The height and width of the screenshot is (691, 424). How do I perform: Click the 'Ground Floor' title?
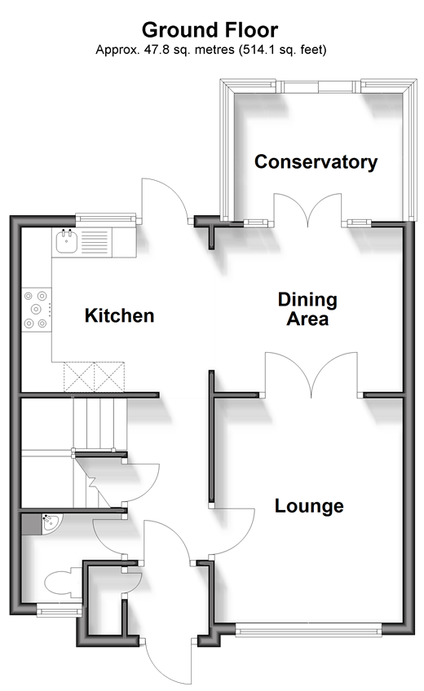click(210, 30)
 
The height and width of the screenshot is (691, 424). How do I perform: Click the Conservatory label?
click(316, 161)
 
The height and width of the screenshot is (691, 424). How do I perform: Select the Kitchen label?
click(119, 315)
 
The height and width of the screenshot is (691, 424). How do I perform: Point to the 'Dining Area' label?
click(307, 309)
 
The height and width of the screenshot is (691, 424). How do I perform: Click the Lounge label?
click(309, 505)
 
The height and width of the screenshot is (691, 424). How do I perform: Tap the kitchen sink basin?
click(67, 241)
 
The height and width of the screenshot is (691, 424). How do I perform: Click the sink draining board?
click(95, 242)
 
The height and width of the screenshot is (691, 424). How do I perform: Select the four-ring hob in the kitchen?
click(36, 310)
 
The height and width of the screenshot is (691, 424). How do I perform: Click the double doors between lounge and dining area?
click(312, 375)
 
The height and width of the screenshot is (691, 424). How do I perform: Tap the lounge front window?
click(308, 630)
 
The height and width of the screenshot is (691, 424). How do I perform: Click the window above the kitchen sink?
click(106, 218)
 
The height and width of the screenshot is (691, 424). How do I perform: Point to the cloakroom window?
click(59, 610)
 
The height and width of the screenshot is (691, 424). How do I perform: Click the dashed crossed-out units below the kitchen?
click(94, 376)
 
